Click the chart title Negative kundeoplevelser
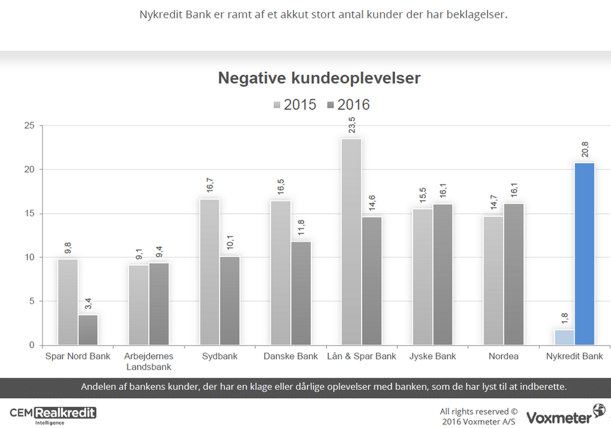pyautogui.click(x=319, y=78)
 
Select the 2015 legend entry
pyautogui.click(x=295, y=105)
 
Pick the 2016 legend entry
pyautogui.click(x=348, y=105)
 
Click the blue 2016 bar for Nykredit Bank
pyautogui.click(x=584, y=254)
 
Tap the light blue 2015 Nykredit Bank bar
pyautogui.click(x=564, y=337)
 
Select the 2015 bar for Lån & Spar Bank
pyautogui.click(x=351, y=242)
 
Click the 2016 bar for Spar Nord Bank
pyautogui.click(x=88, y=330)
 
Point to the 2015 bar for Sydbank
pyautogui.click(x=209, y=272)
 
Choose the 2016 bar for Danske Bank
pyautogui.click(x=301, y=293)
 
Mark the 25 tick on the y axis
pyautogui.click(x=29, y=125)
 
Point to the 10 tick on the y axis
pyautogui.click(x=29, y=258)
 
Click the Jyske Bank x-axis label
pyautogui.click(x=433, y=356)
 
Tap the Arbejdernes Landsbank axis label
pyautogui.click(x=149, y=361)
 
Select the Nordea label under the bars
pyautogui.click(x=503, y=356)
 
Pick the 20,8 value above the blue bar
pyautogui.click(x=585, y=149)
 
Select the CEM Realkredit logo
pyautogui.click(x=53, y=414)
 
